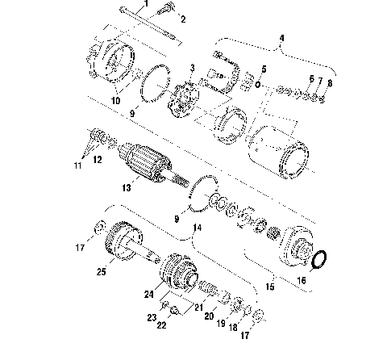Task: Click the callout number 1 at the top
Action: click(x=146, y=4)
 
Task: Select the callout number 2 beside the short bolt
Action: click(x=181, y=19)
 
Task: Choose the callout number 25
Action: click(x=102, y=272)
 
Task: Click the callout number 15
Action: click(x=270, y=286)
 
